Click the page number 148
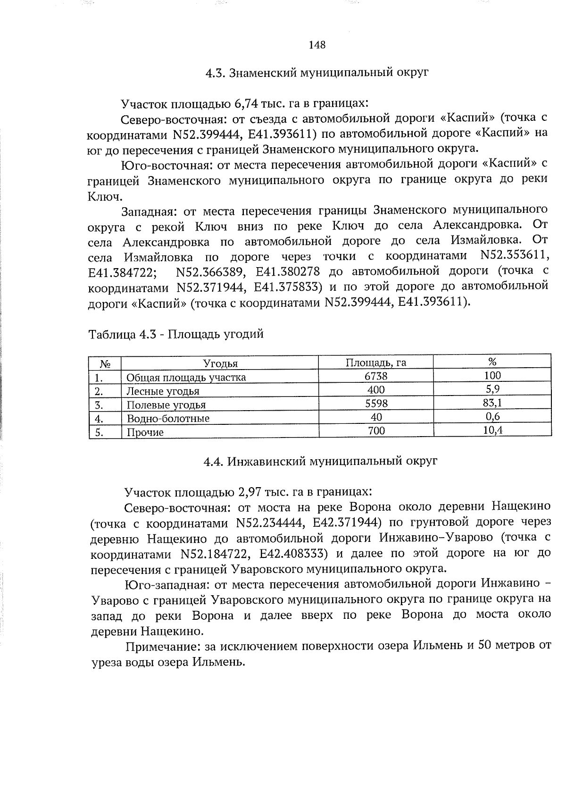[317, 45]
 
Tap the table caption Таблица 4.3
[176, 334]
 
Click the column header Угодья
[220, 363]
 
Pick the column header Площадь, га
[376, 363]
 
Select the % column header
[492, 362]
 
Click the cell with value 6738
[376, 376]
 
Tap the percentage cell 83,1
[492, 403]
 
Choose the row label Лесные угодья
[163, 391]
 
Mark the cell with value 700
[376, 430]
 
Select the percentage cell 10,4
[492, 430]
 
